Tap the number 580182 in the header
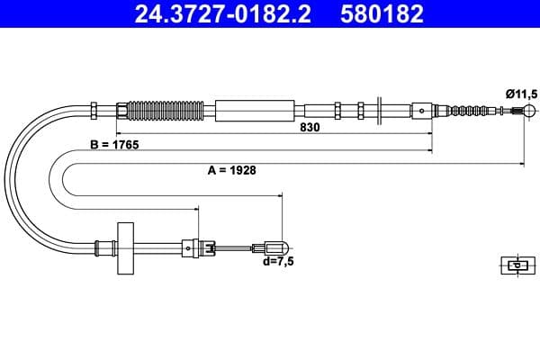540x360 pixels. (x=378, y=14)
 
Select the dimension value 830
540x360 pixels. (x=310, y=128)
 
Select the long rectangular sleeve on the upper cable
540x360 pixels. (x=256, y=111)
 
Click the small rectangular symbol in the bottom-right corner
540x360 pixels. (x=516, y=265)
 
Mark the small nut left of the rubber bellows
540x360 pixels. (x=121, y=111)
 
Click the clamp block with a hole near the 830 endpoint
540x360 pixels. (x=423, y=112)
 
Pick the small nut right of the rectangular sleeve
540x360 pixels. (x=337, y=111)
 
